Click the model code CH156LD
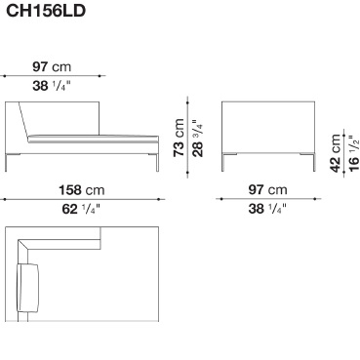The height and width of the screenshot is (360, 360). point(46,11)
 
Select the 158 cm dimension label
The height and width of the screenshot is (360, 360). point(82,190)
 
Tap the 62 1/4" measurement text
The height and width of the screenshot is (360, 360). point(81,209)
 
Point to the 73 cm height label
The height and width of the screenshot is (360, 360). point(179,138)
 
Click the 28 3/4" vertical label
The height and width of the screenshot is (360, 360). point(197,139)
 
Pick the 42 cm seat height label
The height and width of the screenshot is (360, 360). point(336,153)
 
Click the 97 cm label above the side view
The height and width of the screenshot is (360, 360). point(52,67)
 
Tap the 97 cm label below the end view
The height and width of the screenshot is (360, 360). point(267,189)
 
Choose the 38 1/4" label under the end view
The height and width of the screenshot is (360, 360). point(267,209)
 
